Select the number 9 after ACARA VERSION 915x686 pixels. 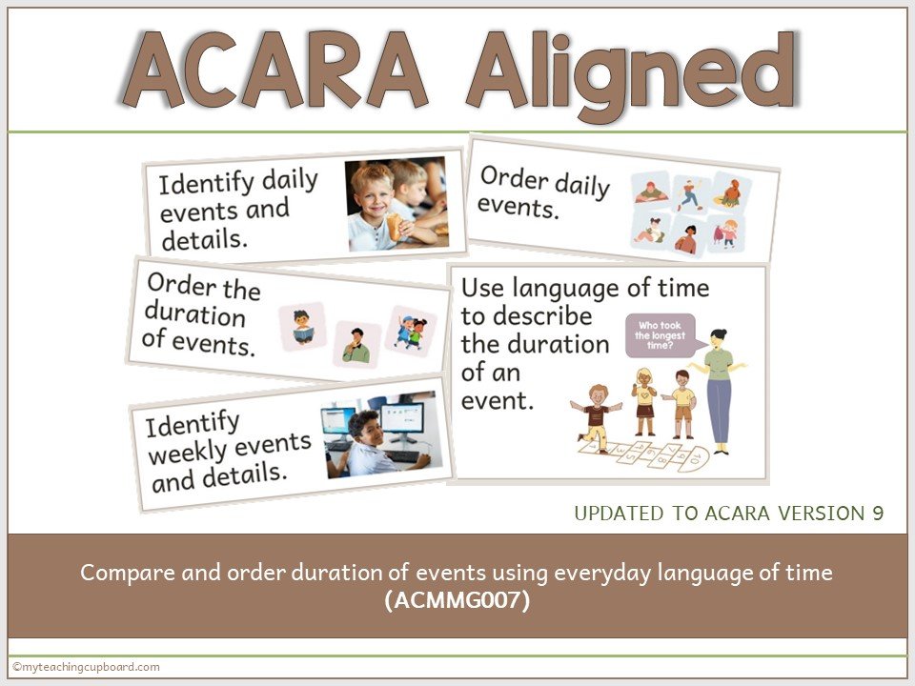pos(878,514)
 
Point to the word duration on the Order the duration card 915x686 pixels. pos(194,315)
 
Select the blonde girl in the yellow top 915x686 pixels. pos(643,401)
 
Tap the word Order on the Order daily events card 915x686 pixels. pos(510,179)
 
